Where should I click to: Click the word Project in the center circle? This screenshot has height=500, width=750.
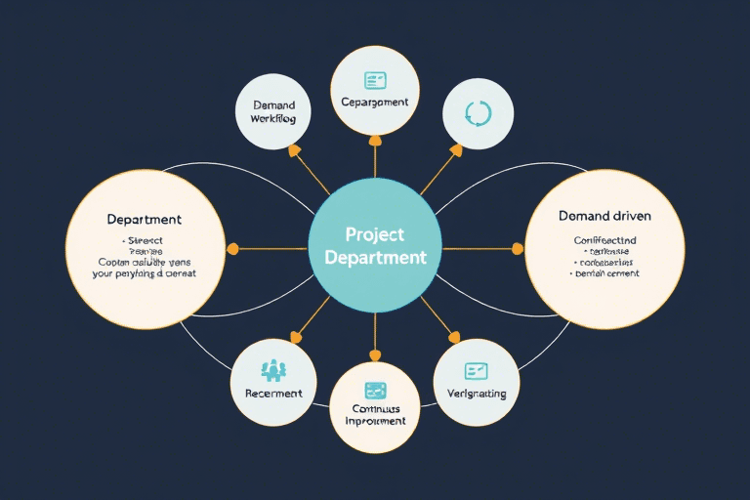coord(375,235)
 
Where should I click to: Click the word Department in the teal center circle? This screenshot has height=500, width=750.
coord(375,258)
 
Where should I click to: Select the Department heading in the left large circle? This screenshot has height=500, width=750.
coord(144,220)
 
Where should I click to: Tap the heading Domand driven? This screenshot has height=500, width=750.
coord(604,215)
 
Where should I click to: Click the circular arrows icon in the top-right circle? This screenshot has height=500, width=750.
coord(479,112)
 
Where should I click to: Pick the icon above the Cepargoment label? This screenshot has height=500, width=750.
coord(375,80)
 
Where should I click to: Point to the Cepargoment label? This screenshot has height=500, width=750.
coord(375,103)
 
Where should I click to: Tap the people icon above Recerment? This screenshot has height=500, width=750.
coord(273,370)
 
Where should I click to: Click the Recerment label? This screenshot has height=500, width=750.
coord(273,394)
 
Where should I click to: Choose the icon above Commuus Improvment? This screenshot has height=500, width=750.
coord(375,389)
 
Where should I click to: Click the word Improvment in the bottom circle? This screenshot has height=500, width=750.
coord(375,422)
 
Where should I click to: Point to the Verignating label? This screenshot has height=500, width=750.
coord(477,394)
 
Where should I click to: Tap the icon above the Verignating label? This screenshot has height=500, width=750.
coord(477,370)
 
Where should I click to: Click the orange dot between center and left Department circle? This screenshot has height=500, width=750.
coord(232,249)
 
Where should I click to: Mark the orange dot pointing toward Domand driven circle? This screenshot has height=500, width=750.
coord(518,248)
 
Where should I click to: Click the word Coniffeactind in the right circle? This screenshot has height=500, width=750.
coord(604,239)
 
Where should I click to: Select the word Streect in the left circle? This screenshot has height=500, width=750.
coord(145,240)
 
